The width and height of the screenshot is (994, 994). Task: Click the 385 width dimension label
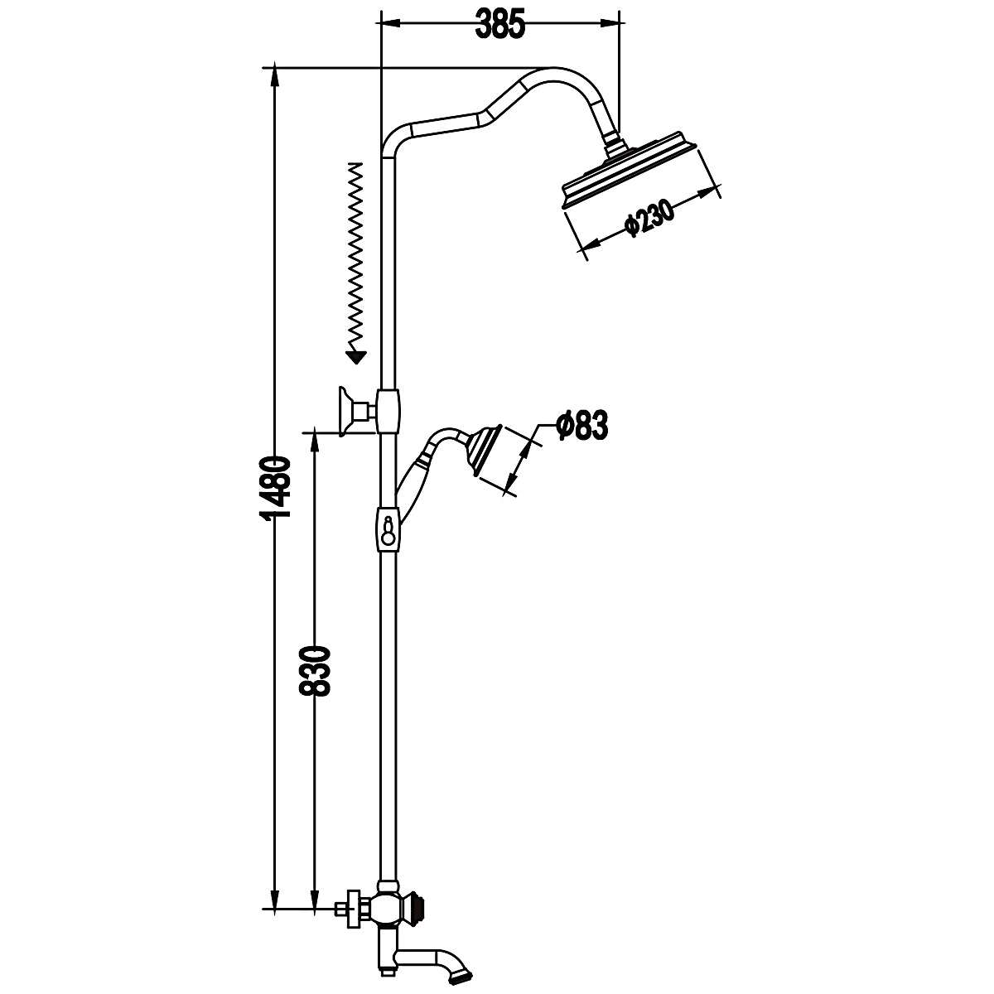[499, 23]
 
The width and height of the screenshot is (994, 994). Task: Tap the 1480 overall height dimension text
[275, 488]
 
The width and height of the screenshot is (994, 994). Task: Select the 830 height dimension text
[314, 670]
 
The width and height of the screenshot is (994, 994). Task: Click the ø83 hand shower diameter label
[582, 425]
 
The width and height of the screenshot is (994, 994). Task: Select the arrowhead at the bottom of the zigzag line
[356, 358]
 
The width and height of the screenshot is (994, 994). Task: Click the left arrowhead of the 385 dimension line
[390, 22]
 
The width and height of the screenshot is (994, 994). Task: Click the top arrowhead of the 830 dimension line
[314, 442]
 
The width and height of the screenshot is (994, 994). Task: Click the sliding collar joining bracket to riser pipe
[388, 411]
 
